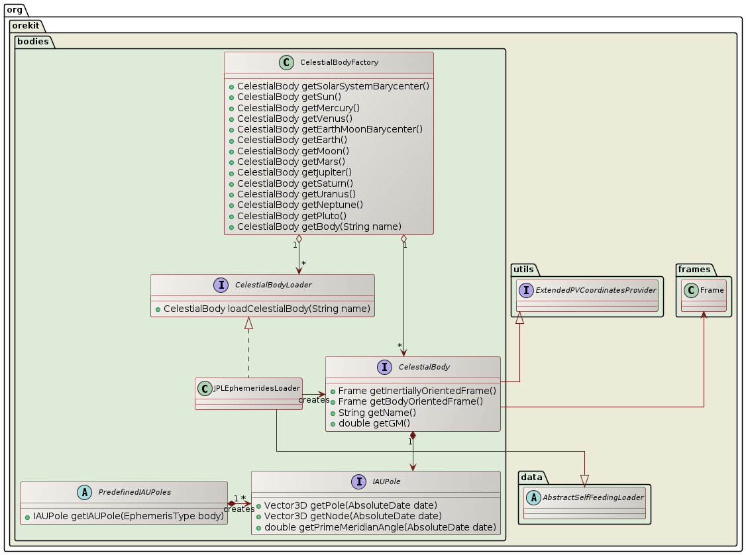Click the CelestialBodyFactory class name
pos(339,62)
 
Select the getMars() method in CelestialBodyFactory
pos(290,162)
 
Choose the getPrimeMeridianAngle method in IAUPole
pos(380,527)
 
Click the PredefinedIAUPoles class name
pos(134,492)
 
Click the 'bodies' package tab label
pos(34,41)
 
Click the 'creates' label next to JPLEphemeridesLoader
pos(313,400)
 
